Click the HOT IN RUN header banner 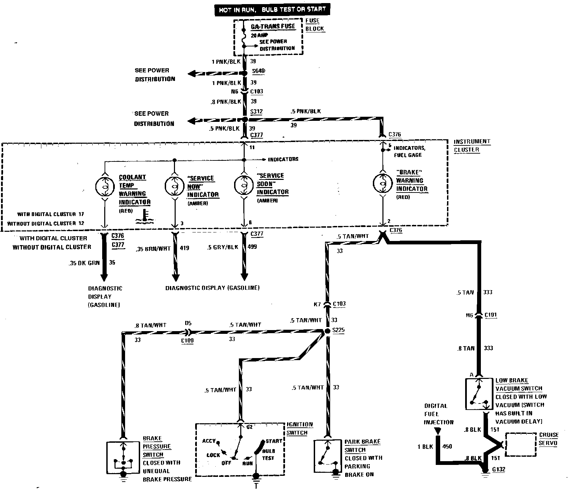tap(272, 10)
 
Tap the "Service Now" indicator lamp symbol tap(174, 185)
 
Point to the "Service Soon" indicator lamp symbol tap(244, 184)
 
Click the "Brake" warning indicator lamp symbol tap(382, 183)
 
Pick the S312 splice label tap(256, 112)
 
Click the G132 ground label tap(498, 469)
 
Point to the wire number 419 tap(184, 248)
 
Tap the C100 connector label tap(187, 341)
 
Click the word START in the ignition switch tap(274, 441)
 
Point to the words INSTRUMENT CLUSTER tap(472, 145)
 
